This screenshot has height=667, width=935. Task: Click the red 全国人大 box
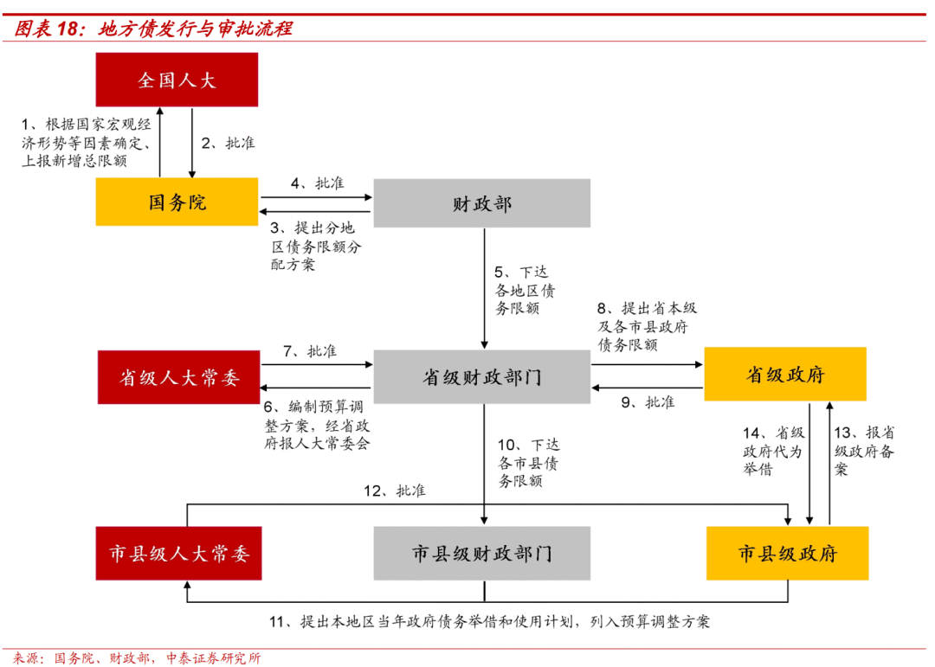[177, 80]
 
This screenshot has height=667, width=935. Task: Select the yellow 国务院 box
[177, 202]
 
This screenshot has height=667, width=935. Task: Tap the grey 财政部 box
[481, 203]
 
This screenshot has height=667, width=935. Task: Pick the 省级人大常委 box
[178, 377]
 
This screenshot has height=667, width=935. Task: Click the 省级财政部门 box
[481, 377]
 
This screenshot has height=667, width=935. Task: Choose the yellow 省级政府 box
[784, 375]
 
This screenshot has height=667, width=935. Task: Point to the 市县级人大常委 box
[178, 554]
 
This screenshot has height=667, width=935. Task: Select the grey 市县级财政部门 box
[481, 554]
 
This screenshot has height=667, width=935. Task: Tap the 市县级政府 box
[787, 554]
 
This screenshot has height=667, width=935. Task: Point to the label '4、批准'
[317, 183]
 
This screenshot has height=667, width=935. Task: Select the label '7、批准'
[310, 352]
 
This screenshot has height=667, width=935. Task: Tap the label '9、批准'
[648, 401]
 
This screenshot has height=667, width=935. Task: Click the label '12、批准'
[395, 491]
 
